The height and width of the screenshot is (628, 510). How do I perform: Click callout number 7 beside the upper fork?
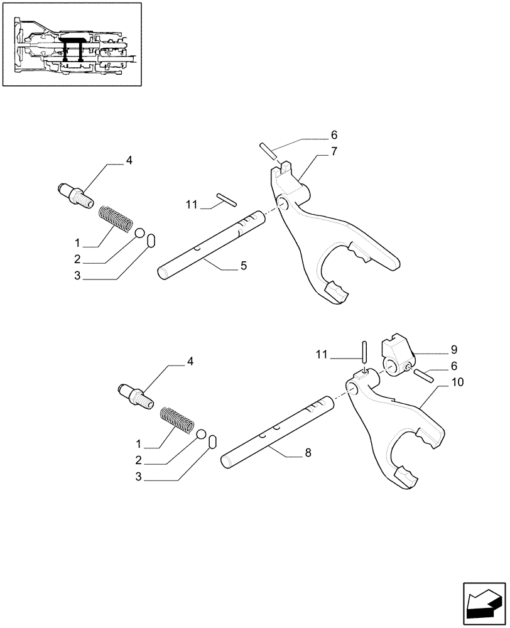point(334,151)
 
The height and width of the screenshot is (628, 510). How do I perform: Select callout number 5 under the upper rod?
point(243,266)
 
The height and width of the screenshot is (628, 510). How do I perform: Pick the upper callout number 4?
point(129,161)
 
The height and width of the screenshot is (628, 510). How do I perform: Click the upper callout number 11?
point(192,203)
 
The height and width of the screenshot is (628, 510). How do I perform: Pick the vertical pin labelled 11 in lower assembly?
point(364,350)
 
